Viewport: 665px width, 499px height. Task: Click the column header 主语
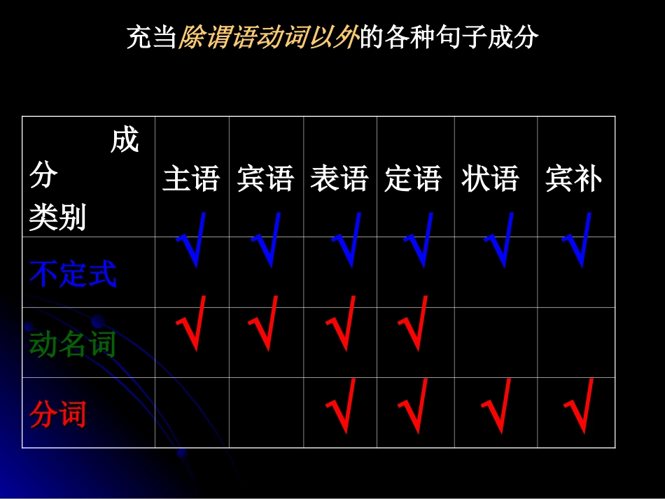click(x=191, y=179)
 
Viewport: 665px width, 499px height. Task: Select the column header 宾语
click(x=265, y=179)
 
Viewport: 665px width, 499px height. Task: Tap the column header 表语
click(x=339, y=179)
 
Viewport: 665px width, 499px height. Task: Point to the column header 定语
click(x=414, y=179)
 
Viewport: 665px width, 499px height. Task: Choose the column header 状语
click(x=490, y=179)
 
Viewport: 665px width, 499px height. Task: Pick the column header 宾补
click(x=573, y=179)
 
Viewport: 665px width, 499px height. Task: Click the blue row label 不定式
click(x=73, y=274)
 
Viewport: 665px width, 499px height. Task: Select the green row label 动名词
click(x=73, y=344)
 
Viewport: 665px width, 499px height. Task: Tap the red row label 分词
click(x=58, y=414)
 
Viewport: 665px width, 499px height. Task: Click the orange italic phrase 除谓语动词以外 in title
click(x=267, y=37)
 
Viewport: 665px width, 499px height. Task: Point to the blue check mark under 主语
click(x=192, y=240)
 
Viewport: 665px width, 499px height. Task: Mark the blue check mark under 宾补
click(x=577, y=240)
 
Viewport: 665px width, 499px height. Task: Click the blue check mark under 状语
click(x=499, y=240)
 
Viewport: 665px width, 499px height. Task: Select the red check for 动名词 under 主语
click(x=191, y=323)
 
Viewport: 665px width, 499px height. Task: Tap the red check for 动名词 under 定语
click(x=414, y=323)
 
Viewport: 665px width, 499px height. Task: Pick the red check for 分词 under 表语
click(x=342, y=406)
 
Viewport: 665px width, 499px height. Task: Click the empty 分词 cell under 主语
click(x=192, y=412)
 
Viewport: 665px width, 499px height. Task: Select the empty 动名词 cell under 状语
click(x=496, y=342)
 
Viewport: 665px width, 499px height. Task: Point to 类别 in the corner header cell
click(x=57, y=218)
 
